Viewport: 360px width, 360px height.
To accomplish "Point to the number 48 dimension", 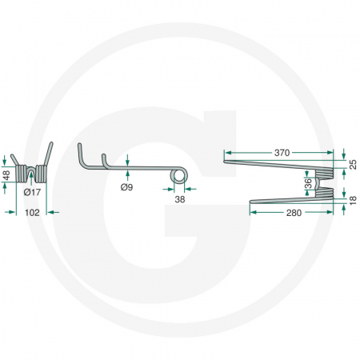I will (x=6, y=174).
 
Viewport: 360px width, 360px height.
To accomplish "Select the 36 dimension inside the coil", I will (x=309, y=183).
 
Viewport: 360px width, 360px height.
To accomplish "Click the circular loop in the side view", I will (x=181, y=175).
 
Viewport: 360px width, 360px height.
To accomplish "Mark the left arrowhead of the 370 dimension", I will (x=226, y=151).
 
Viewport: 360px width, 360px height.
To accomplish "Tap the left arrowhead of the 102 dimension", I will (x=7, y=212).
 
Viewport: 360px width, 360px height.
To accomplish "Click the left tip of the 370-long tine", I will (x=225, y=161).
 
